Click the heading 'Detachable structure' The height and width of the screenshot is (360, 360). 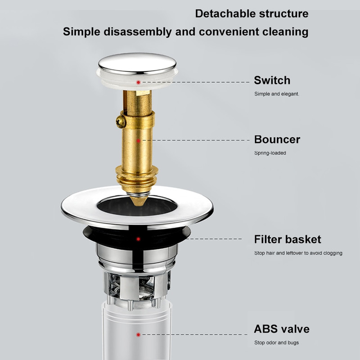click(x=252, y=13)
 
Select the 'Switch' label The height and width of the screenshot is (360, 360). click(x=272, y=81)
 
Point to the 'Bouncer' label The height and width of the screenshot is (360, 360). click(x=277, y=139)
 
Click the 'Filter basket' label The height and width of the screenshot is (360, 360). click(x=288, y=239)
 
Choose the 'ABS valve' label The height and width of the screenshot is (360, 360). click(x=282, y=329)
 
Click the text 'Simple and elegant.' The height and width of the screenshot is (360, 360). click(x=277, y=94)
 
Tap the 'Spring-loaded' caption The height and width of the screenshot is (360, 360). click(x=270, y=153)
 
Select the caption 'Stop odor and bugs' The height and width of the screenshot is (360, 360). click(x=276, y=342)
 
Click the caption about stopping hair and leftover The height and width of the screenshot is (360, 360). click(x=298, y=253)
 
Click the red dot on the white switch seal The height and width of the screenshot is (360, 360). click(x=138, y=82)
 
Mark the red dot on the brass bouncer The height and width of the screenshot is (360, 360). click(x=138, y=140)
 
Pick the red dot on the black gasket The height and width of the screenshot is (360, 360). click(x=138, y=239)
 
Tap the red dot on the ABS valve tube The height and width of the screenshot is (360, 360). click(x=138, y=335)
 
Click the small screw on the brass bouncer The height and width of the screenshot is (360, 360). click(x=121, y=121)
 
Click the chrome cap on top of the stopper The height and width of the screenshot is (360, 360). click(x=137, y=64)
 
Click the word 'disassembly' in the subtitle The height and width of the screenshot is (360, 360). click(x=138, y=31)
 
